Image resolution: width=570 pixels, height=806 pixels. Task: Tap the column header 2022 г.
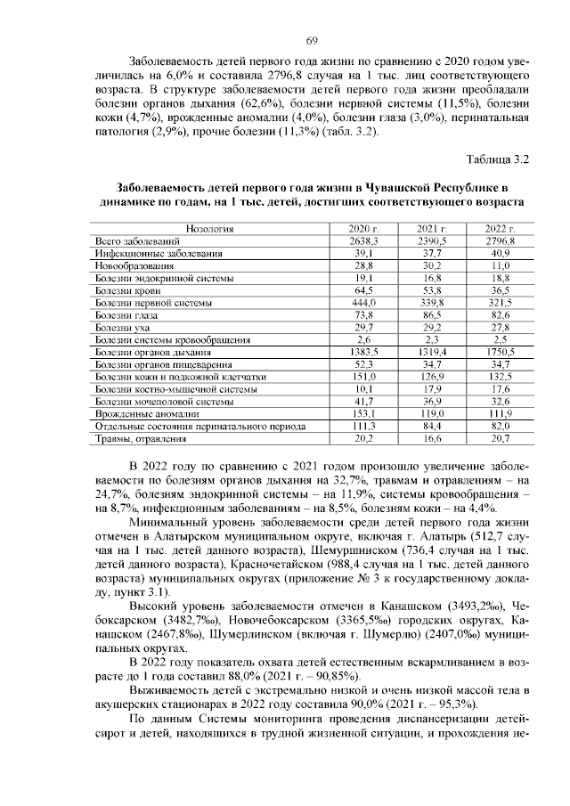pos(500,229)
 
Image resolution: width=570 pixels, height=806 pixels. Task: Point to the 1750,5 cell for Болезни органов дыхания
pos(500,353)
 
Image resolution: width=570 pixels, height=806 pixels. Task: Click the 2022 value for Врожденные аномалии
pos(500,414)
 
